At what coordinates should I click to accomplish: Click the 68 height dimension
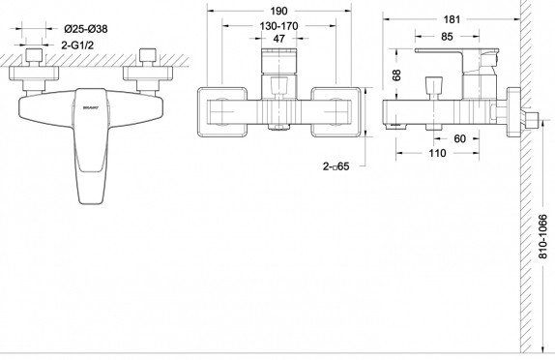click(397, 75)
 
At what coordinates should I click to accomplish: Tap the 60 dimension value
click(460, 139)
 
